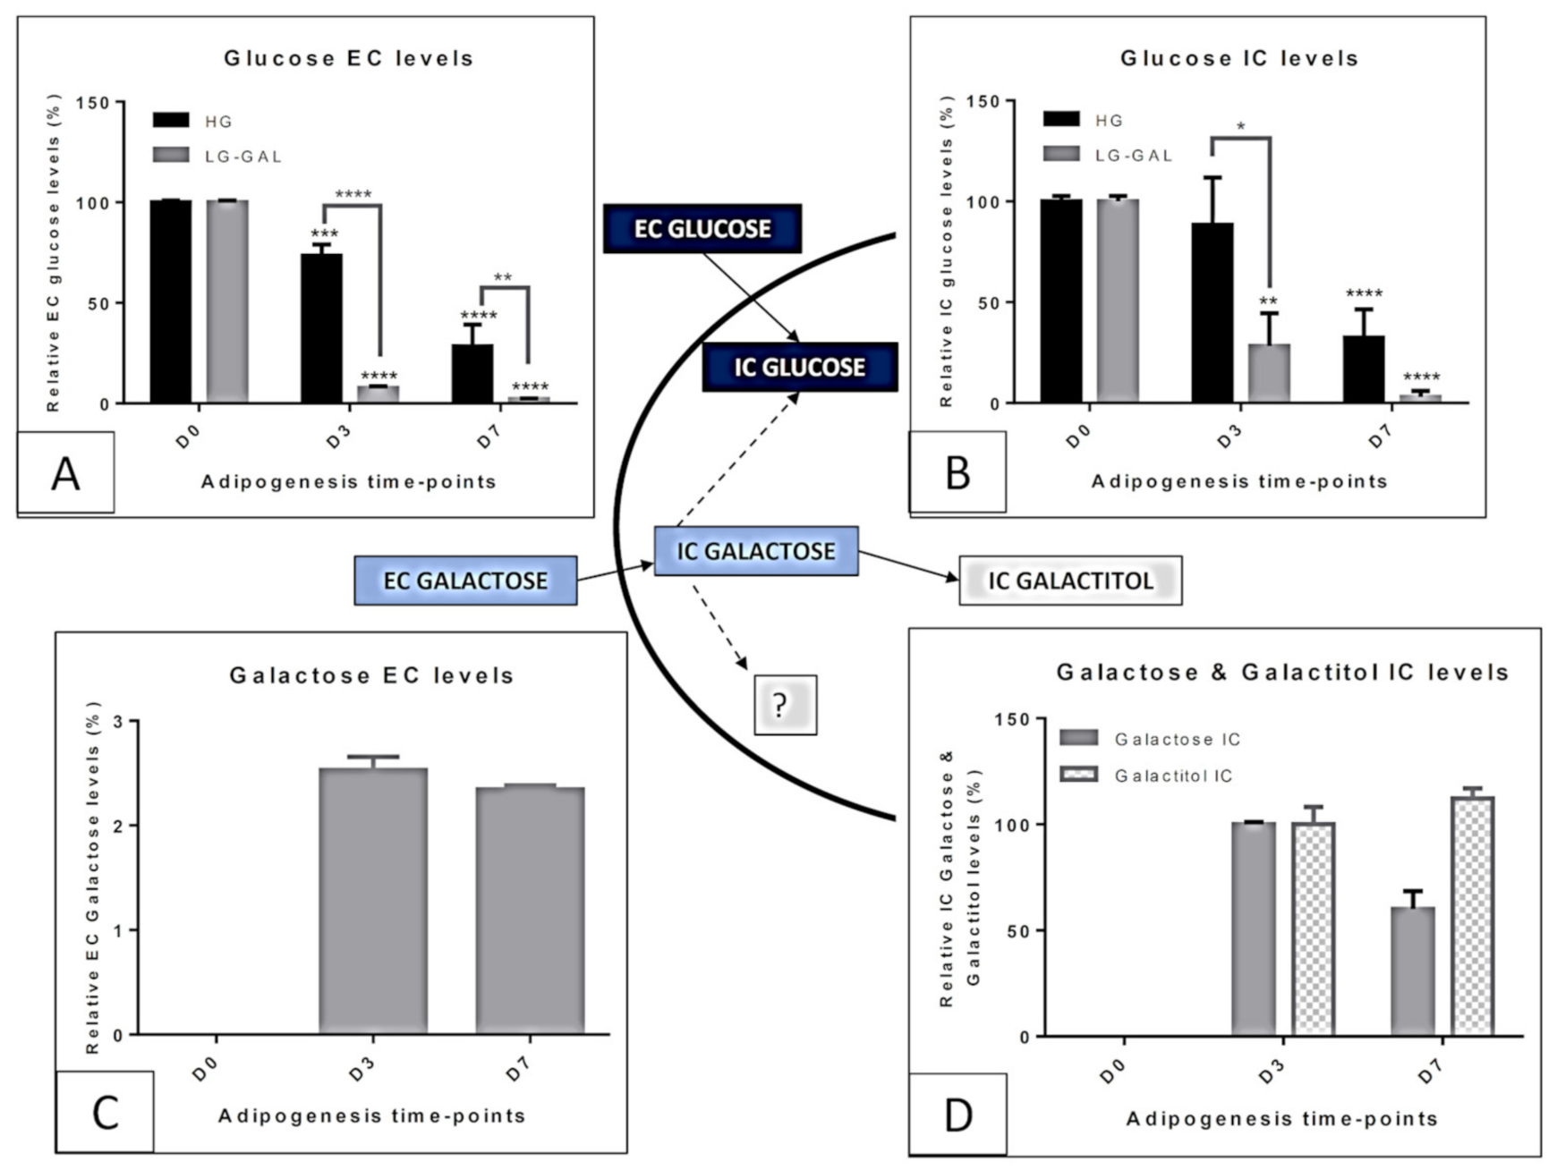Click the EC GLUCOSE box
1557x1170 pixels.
(x=702, y=229)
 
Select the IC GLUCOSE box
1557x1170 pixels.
(x=799, y=367)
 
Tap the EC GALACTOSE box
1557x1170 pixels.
(x=465, y=581)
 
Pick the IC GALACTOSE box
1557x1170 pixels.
(x=756, y=551)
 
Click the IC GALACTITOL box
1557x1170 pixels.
(x=1070, y=581)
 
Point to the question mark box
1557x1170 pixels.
(x=785, y=705)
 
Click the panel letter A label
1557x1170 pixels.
(x=66, y=473)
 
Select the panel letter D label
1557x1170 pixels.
(x=957, y=1115)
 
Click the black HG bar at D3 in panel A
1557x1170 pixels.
(x=321, y=328)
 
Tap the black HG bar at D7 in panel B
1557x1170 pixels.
(x=1363, y=369)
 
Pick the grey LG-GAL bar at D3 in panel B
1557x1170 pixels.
(x=1269, y=373)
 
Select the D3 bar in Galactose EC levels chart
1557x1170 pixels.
(x=373, y=901)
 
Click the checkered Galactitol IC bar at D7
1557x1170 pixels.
(x=1472, y=916)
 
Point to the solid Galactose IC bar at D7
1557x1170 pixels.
(x=1413, y=971)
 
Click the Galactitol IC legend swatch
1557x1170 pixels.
(x=1078, y=775)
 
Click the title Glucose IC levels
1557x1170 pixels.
(x=1239, y=59)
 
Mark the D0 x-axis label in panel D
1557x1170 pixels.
(x=1112, y=1071)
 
